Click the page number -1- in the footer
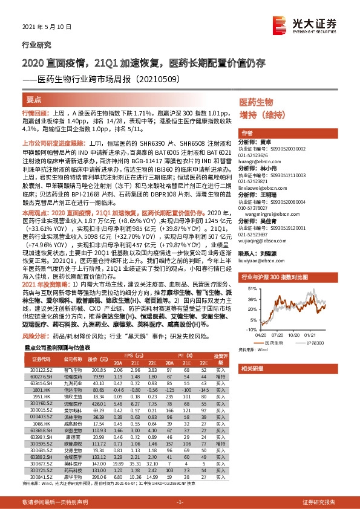(180, 502)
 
